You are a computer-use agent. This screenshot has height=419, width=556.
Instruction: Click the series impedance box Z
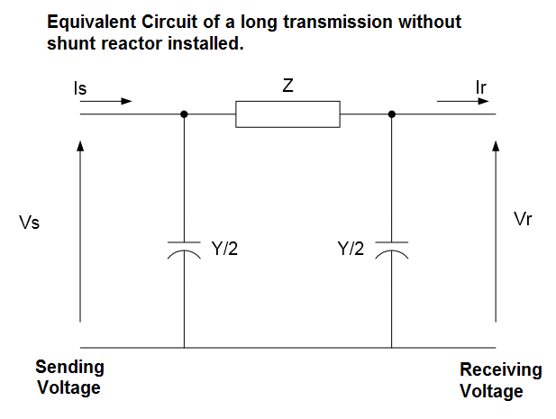click(x=287, y=114)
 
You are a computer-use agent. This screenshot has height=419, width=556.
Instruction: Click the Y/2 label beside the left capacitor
click(x=224, y=250)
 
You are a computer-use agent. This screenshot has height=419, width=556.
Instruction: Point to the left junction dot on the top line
click(x=184, y=114)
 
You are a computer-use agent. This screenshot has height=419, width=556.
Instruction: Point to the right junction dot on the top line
click(x=391, y=114)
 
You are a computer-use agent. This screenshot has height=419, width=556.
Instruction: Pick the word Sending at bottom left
click(x=69, y=368)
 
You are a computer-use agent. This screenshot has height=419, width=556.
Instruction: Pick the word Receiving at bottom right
click(x=501, y=370)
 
